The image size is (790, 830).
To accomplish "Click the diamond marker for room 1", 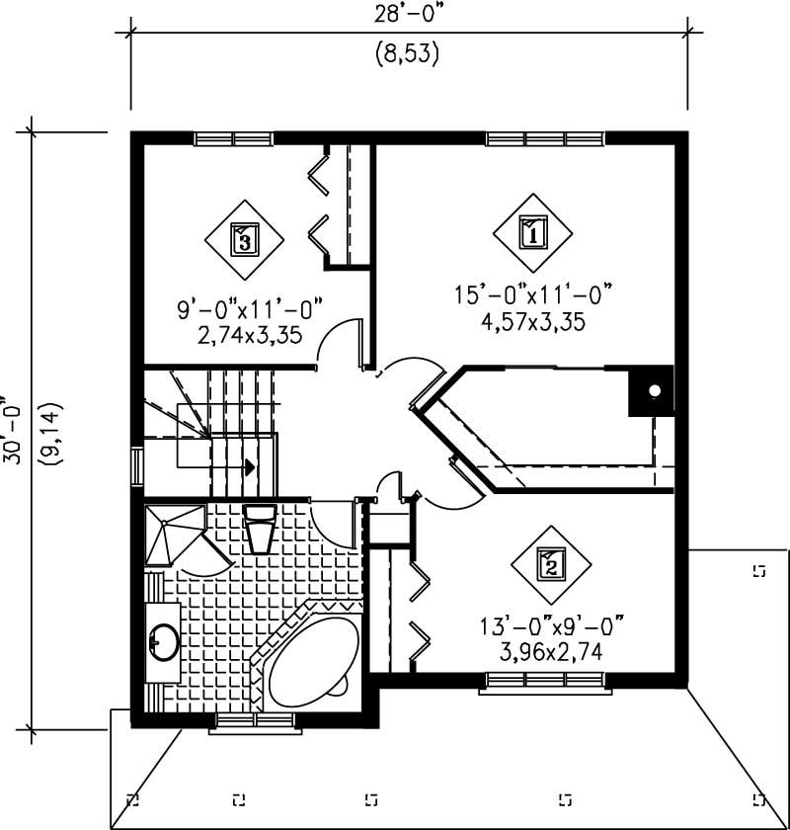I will (533, 234).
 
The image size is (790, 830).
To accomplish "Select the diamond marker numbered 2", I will (551, 565).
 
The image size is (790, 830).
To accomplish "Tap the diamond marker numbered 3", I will (244, 237).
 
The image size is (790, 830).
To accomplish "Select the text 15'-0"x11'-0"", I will (533, 293).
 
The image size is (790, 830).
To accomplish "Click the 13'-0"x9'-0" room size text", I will (553, 625).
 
